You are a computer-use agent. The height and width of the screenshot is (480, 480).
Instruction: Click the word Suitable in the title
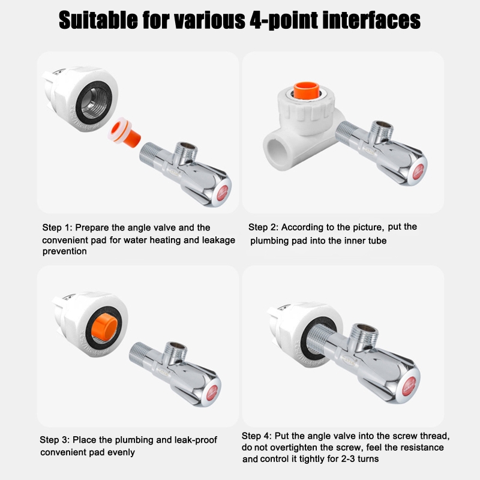click(98, 20)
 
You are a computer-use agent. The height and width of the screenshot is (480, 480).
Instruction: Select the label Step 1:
click(57, 228)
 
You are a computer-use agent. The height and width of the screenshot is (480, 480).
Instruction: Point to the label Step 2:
click(263, 227)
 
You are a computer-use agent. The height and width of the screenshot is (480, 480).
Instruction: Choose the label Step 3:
click(55, 440)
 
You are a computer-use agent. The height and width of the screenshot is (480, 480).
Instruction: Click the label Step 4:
click(257, 436)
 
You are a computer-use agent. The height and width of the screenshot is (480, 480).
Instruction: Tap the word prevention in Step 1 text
click(65, 251)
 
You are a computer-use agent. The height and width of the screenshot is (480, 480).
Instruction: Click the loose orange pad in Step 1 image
click(124, 133)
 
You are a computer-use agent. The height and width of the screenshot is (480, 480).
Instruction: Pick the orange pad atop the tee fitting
click(307, 91)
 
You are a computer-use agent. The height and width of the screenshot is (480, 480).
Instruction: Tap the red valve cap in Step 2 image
click(418, 172)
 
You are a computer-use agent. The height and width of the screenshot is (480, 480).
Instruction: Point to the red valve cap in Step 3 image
click(212, 393)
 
